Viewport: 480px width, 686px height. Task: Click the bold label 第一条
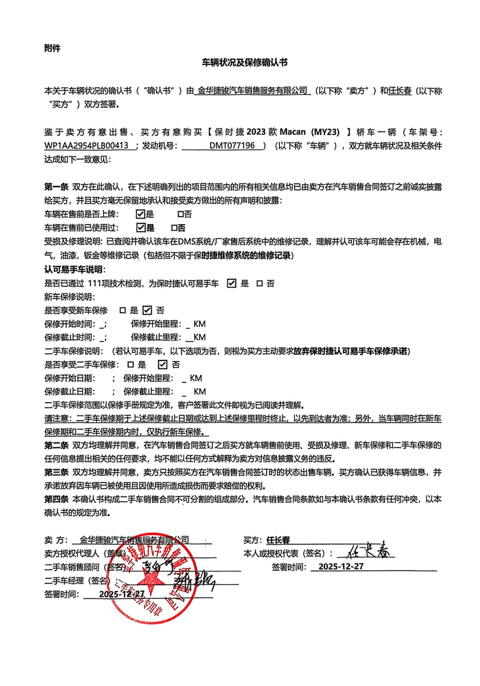(56, 188)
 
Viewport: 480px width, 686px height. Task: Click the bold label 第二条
(56, 445)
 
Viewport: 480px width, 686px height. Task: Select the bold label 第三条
(56, 472)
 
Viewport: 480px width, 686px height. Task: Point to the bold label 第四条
(56, 499)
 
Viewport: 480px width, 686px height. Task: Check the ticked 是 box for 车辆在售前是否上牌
(140, 214)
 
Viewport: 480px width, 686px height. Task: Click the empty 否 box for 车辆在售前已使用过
(173, 228)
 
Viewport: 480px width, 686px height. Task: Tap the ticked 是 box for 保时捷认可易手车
(231, 283)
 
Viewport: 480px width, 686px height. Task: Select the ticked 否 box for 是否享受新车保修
(147, 310)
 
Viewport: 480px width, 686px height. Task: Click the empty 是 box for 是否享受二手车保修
(128, 364)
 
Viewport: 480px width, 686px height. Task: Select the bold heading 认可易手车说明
(75, 269)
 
